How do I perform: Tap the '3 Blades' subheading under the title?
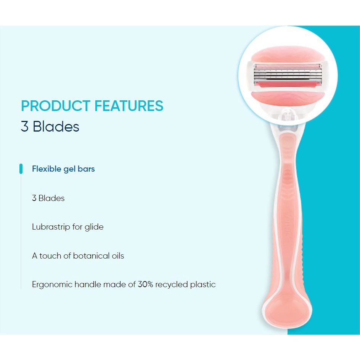point(50,127)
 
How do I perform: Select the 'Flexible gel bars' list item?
point(63,169)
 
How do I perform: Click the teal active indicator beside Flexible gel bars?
point(21,169)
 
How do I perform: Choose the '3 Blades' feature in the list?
point(48,198)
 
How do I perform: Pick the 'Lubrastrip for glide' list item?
point(68,227)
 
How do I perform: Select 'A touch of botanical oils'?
point(78,256)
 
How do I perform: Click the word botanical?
point(91,256)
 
